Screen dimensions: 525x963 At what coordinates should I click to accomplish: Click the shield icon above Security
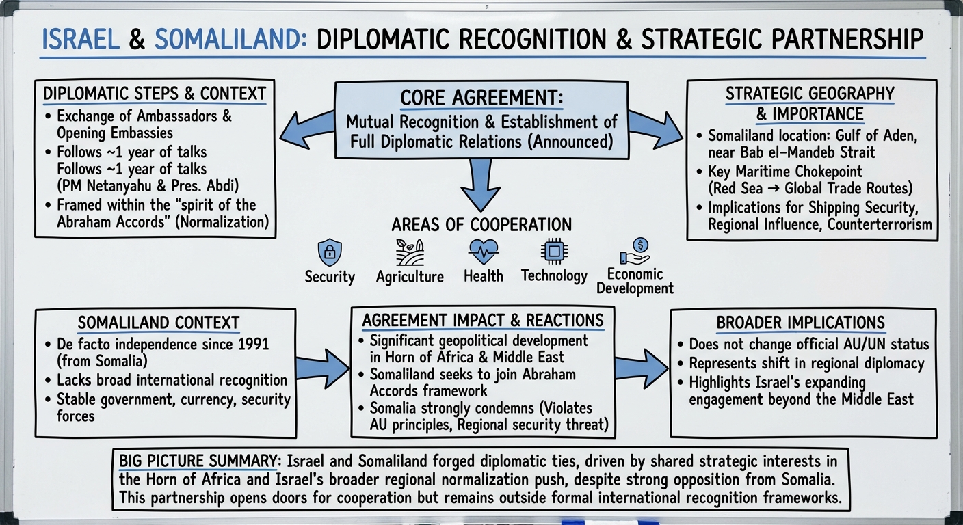pos(329,252)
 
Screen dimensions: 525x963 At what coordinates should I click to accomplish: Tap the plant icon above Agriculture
pos(410,252)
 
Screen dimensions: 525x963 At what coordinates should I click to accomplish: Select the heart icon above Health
pos(483,251)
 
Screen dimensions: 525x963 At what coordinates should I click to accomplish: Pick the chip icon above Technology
pos(553,251)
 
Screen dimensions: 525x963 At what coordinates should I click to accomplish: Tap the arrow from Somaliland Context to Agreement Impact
pos(323,370)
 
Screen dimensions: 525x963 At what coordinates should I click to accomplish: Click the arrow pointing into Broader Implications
pos(640,369)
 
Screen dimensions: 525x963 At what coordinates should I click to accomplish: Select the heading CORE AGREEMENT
pos(480,98)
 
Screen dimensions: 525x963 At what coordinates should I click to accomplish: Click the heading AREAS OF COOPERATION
pos(481,224)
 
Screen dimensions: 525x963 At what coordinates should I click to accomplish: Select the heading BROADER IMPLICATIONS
pos(800,323)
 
